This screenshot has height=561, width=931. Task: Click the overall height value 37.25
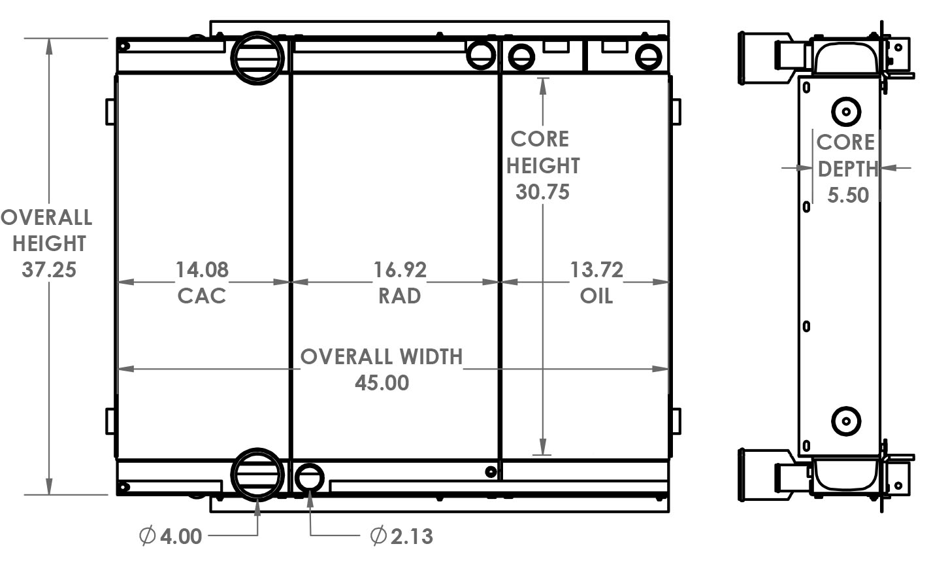[49, 269]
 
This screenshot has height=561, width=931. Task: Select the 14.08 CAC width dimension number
[202, 269]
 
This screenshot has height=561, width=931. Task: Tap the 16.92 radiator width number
[400, 269]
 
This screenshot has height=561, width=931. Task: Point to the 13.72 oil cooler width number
[596, 269]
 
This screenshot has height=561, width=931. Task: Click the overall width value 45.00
[382, 382]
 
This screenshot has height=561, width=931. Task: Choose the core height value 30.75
[542, 192]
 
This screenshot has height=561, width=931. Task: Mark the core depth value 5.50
[847, 195]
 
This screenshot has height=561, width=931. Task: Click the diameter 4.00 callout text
[171, 537]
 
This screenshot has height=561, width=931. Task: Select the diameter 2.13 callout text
[402, 537]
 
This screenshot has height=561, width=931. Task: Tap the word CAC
[202, 296]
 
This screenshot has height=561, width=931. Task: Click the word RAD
[400, 296]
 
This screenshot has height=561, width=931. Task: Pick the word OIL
[596, 296]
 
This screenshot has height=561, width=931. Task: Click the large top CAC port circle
[257, 57]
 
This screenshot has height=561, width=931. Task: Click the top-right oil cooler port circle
[649, 57]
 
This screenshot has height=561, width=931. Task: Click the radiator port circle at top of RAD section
[481, 55]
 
